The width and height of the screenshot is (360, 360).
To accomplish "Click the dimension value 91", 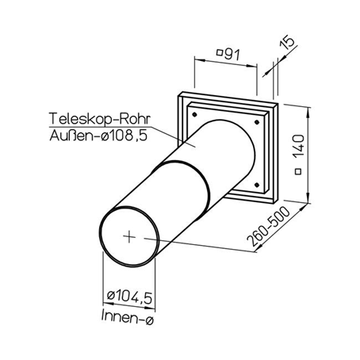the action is tap(232, 55).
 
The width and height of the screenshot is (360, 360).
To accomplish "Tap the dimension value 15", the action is tap(287, 42).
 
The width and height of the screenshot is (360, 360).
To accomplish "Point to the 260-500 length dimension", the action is tap(268, 227).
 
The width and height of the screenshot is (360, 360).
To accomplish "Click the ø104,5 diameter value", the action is tap(129, 297).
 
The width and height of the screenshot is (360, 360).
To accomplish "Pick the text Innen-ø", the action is tap(127, 316).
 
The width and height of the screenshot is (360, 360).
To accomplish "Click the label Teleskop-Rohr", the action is tap(100, 119).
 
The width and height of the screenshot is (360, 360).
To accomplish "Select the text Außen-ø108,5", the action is tap(98, 136).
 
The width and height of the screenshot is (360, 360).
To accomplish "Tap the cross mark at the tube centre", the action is tap(129, 236).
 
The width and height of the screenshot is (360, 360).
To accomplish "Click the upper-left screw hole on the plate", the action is tap(195, 115).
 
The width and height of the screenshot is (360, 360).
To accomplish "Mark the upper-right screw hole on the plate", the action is tap(256, 122).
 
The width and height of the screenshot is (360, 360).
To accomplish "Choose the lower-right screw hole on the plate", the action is tap(256, 185).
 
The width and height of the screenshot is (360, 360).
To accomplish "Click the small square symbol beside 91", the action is tap(220, 52).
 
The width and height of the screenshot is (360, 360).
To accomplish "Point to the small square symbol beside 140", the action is tap(298, 171).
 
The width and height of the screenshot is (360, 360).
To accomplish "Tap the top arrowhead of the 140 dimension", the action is tap(308, 112).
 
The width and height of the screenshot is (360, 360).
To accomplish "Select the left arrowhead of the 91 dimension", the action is tap(200, 59).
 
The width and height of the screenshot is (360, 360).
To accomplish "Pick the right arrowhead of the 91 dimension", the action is tap(251, 66).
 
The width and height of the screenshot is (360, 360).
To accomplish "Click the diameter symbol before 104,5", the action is tap(111, 295).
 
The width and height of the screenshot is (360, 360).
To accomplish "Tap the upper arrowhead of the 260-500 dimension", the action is tap(303, 208).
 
